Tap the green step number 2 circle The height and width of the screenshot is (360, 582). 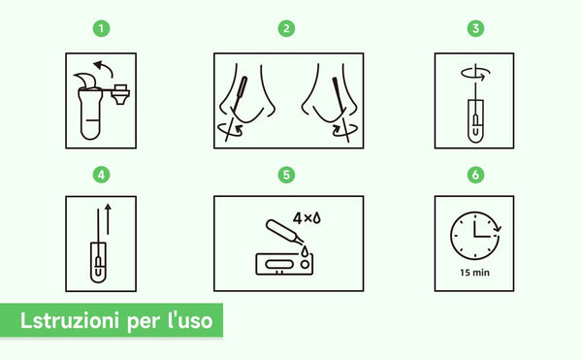coord(286,28)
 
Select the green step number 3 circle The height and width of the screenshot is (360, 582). coord(475,28)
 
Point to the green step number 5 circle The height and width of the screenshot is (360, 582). coord(286,175)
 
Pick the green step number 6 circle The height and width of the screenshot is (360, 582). coord(475,175)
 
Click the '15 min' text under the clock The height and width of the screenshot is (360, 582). coord(474,273)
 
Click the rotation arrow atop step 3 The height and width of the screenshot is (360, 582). coord(473,72)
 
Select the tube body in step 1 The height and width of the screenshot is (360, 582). coord(89,116)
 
